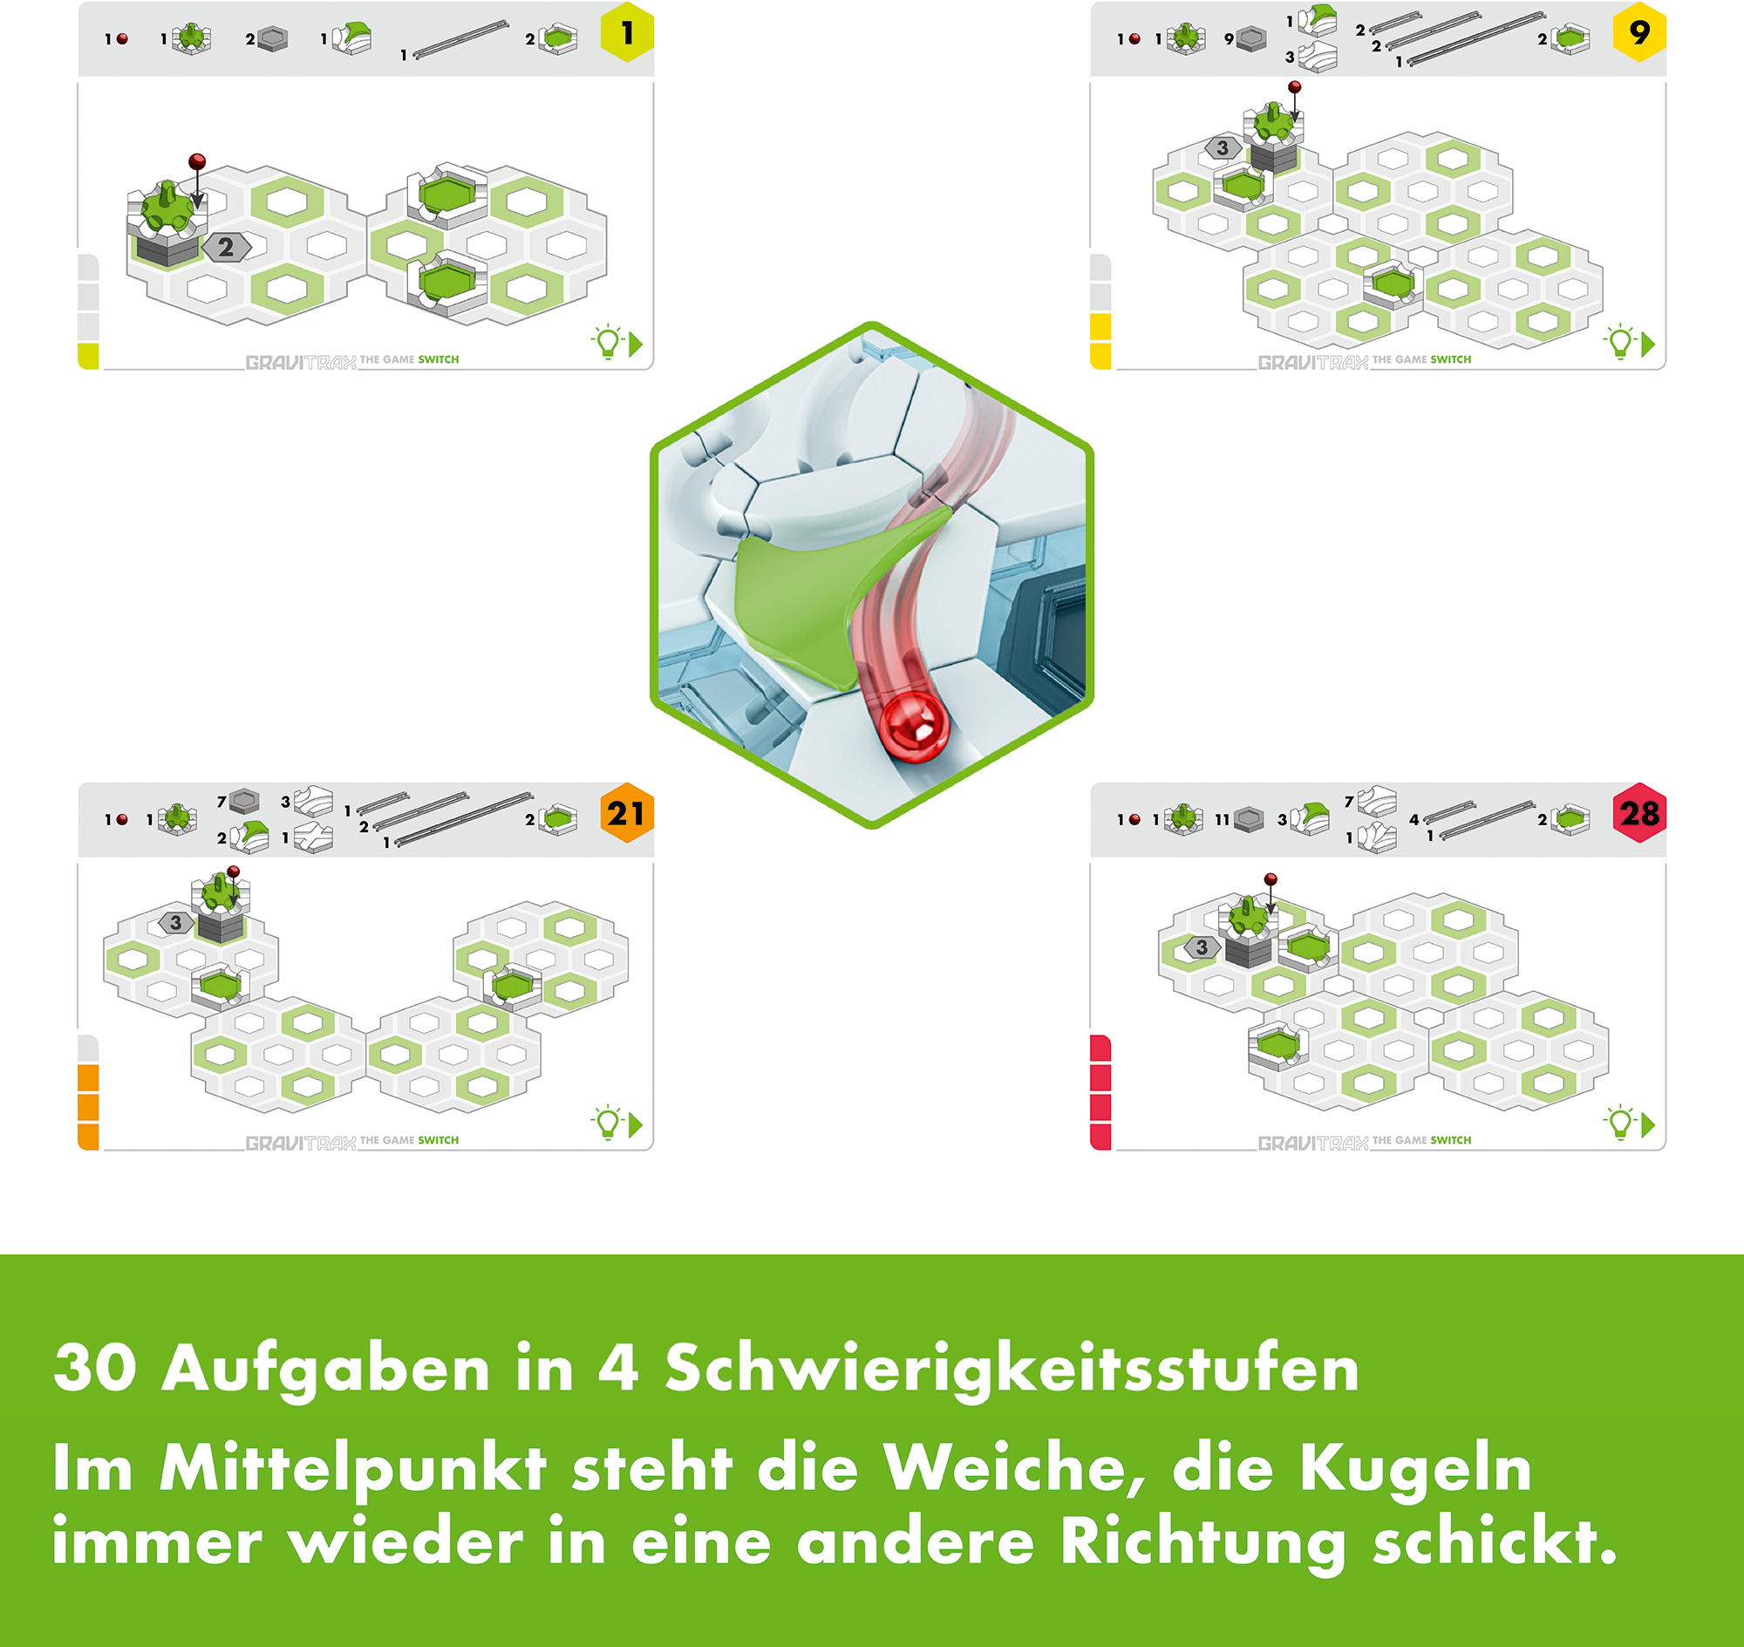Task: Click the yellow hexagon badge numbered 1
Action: click(x=627, y=32)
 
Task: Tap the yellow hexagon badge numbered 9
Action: click(x=1639, y=32)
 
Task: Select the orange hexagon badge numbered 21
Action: click(x=627, y=813)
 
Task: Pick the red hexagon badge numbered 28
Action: click(x=1639, y=813)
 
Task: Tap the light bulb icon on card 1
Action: click(x=608, y=342)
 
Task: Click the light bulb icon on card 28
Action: click(x=1619, y=1123)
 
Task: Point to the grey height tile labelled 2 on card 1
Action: click(x=227, y=248)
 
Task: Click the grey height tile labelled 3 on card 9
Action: click(x=1223, y=148)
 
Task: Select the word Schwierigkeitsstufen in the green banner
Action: click(x=1012, y=1368)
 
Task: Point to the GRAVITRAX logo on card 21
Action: click(x=301, y=1143)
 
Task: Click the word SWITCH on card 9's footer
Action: click(x=1451, y=359)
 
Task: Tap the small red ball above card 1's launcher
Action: click(x=197, y=161)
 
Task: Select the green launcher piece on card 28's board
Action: click(x=1245, y=918)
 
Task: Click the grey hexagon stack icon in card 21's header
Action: click(x=244, y=801)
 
